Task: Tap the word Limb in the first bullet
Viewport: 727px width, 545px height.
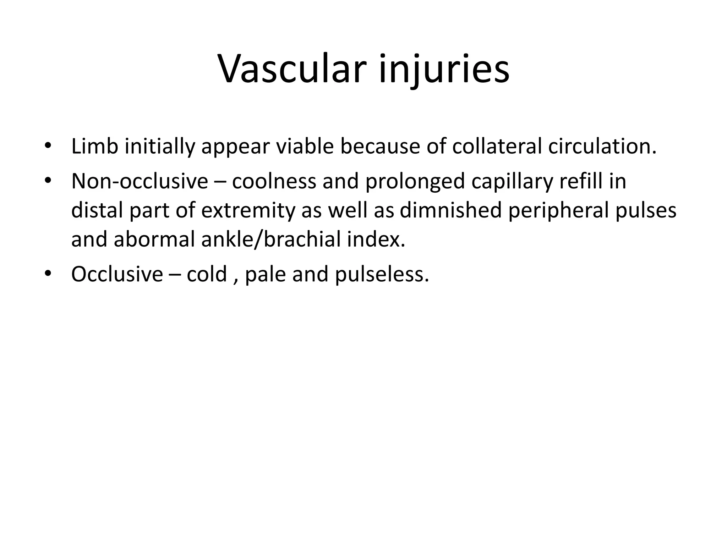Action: pos(94,146)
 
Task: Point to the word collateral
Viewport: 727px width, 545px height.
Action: pos(497,146)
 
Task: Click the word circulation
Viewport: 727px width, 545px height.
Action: pos(602,146)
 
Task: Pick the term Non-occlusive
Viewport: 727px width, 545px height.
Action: pos(140,181)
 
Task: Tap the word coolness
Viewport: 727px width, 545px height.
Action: pos(274,181)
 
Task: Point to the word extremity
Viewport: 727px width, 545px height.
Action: pos(248,211)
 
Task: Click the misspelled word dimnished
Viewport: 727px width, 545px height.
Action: pos(451,210)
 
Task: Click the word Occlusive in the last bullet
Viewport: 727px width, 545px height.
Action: pos(117,274)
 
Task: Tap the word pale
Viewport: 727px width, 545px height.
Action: pos(265,275)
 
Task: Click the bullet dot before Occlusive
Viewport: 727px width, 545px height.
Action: pos(48,273)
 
